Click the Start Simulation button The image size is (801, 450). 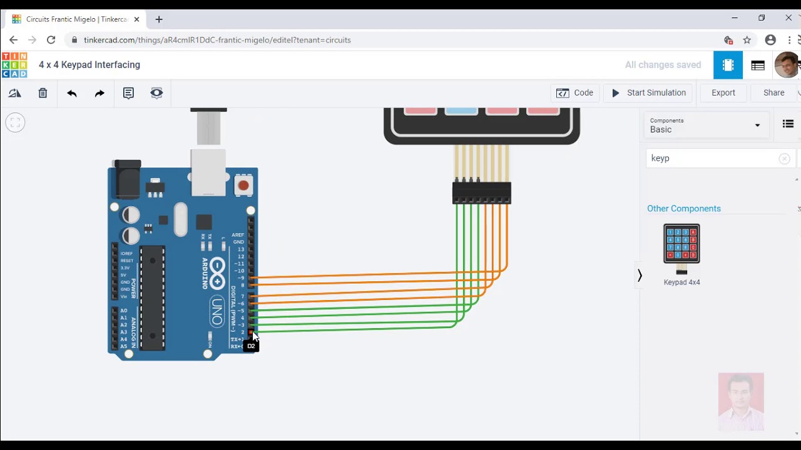point(648,93)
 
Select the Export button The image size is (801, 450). point(723,93)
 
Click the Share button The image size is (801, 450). point(773,93)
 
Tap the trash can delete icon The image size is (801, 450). point(43,93)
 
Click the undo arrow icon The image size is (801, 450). point(72,93)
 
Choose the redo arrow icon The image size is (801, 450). point(99,93)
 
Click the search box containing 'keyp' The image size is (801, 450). point(713,159)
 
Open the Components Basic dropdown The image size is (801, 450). point(705,126)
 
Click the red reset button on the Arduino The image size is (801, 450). point(243,185)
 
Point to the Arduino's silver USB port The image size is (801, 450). point(208,172)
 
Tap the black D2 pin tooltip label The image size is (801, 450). point(251,346)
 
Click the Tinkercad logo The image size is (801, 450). point(14,65)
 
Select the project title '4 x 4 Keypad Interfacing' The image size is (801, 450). point(89,65)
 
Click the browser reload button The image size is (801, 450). point(51,40)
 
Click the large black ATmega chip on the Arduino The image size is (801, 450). point(152,297)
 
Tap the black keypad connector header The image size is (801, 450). point(482,192)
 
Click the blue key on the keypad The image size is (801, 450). point(461,111)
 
